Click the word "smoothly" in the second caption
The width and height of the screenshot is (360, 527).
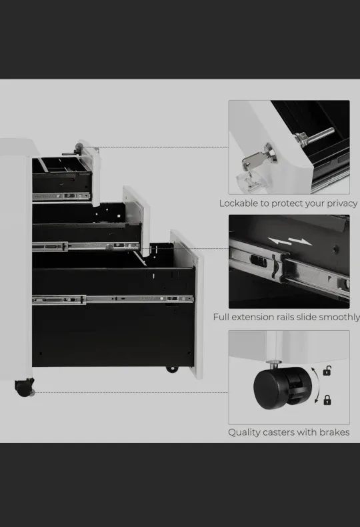[337, 318]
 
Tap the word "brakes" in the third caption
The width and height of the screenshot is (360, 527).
[334, 432]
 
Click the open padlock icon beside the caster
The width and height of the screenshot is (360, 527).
[327, 371]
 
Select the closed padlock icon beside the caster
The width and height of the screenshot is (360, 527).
[327, 400]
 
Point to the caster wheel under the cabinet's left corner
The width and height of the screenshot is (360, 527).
[24, 387]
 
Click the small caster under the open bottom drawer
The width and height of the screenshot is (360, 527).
[172, 368]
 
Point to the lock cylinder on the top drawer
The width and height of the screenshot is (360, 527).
[79, 148]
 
